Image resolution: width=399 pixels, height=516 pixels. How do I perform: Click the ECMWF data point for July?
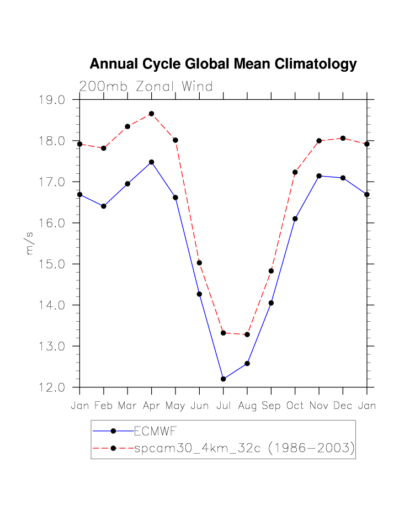[223, 379]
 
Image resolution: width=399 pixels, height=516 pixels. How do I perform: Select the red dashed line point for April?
[151, 114]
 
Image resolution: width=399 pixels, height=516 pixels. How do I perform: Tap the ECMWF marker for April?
[151, 162]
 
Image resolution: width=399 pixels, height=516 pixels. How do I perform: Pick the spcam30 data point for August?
[247, 334]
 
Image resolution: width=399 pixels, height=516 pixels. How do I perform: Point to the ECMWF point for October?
[295, 219]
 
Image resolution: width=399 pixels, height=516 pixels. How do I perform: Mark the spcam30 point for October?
[295, 172]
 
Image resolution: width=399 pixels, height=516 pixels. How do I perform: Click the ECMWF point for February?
[103, 206]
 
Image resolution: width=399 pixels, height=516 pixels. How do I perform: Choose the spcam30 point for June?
[199, 263]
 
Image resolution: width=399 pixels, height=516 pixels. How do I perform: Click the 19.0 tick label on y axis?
[52, 100]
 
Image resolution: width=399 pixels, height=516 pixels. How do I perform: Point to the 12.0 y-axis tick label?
[52, 387]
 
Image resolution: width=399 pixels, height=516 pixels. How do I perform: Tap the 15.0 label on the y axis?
[52, 264]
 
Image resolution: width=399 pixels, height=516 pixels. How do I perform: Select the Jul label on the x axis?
[223, 406]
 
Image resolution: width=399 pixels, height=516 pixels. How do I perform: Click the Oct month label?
[295, 406]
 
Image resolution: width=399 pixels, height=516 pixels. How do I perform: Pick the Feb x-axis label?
[103, 406]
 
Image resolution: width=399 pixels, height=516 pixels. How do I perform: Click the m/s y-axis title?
[30, 243]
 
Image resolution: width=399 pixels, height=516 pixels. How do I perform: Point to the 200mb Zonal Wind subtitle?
[146, 86]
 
